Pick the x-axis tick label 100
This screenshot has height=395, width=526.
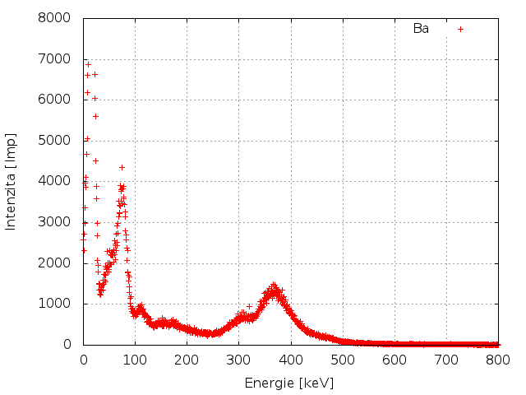(135, 360)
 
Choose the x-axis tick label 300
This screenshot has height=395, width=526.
(238, 360)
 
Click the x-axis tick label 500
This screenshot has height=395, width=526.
(343, 360)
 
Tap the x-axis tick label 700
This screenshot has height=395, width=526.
(446, 360)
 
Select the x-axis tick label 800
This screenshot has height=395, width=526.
(498, 360)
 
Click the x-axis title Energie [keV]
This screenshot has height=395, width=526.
(289, 383)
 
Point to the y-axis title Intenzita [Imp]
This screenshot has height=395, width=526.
(12, 181)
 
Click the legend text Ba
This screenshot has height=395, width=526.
(421, 29)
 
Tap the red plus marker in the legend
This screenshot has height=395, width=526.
(461, 29)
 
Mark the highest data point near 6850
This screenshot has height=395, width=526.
(88, 64)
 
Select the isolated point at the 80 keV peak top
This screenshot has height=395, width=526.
(122, 167)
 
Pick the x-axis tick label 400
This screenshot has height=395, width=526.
(290, 360)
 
